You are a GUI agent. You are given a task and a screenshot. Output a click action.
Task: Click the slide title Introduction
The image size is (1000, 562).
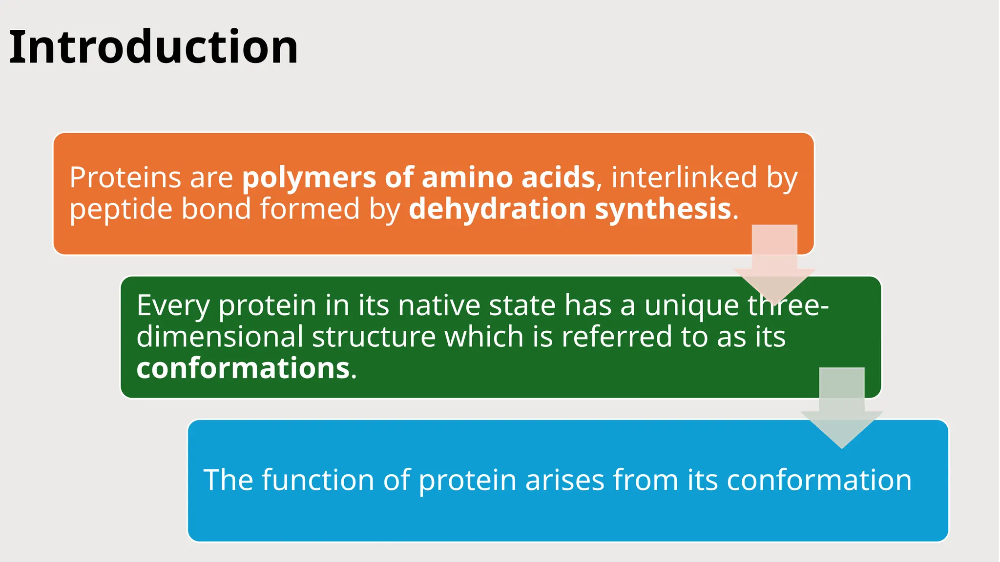[153, 47]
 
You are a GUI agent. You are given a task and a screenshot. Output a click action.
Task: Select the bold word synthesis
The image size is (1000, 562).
[663, 210]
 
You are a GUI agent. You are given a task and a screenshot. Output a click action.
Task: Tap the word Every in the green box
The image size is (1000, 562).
[173, 306]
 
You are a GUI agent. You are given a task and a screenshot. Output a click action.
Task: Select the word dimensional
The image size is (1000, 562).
[220, 337]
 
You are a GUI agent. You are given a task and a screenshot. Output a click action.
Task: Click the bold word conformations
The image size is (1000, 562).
[243, 368]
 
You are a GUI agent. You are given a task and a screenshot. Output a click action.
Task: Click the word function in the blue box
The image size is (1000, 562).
[318, 480]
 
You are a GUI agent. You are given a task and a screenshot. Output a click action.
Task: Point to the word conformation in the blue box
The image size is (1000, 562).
[819, 480]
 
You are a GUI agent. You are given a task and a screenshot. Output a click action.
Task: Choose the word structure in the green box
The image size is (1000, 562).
[374, 337]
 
